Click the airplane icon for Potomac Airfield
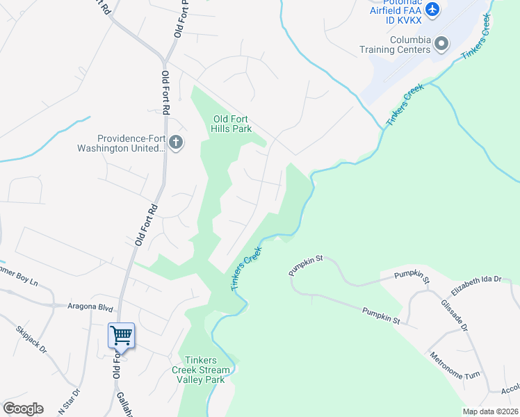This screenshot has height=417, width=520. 432,9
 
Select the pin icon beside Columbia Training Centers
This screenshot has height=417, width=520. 441,44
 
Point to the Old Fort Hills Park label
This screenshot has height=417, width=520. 231,122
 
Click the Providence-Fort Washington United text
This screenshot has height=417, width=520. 132,143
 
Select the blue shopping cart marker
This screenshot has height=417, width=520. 121,336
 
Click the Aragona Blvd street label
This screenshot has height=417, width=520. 90,306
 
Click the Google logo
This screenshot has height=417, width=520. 23,409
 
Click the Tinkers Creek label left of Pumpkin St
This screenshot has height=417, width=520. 245,268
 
